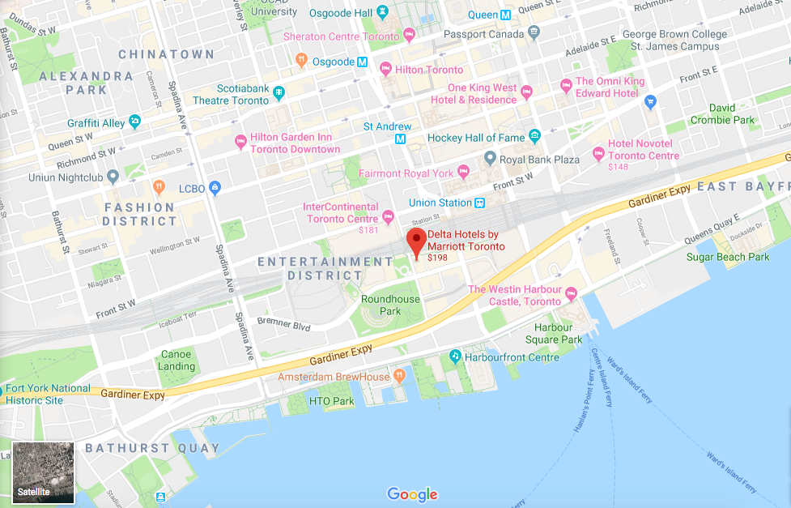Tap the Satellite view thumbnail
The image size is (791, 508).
(44, 472)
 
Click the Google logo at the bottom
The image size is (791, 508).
(412, 493)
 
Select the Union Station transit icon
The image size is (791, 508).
(480, 203)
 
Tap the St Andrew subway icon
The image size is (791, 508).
(400, 139)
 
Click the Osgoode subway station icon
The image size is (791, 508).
(362, 62)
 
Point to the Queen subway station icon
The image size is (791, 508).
(505, 15)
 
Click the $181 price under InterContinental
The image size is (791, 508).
(368, 230)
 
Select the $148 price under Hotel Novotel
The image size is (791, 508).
(618, 167)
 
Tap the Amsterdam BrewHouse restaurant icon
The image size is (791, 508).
(399, 377)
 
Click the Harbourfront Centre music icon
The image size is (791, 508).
(455, 356)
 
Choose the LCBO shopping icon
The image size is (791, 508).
(215, 188)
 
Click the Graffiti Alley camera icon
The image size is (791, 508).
(134, 122)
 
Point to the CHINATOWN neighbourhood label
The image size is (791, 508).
(166, 54)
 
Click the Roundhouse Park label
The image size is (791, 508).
(390, 305)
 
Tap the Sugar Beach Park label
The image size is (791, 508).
(727, 257)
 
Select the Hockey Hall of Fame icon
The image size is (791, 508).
(534, 137)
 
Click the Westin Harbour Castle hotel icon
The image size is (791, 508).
(571, 292)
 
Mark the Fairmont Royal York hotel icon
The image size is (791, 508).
(463, 172)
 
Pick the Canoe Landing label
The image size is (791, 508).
(176, 361)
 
